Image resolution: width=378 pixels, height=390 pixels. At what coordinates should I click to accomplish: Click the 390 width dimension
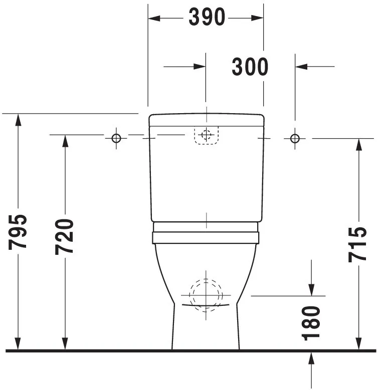point(207,18)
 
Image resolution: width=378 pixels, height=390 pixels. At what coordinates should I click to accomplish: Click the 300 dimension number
point(250,66)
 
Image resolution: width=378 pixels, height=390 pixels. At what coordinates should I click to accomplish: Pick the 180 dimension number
point(312,323)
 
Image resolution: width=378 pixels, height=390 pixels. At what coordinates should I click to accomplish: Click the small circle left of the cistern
point(116,138)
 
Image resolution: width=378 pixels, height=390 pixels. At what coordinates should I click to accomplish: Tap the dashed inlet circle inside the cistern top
point(206,135)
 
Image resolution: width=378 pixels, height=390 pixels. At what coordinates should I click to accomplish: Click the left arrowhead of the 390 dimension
point(153,18)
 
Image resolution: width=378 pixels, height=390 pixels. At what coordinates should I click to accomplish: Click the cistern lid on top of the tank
point(206,120)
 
